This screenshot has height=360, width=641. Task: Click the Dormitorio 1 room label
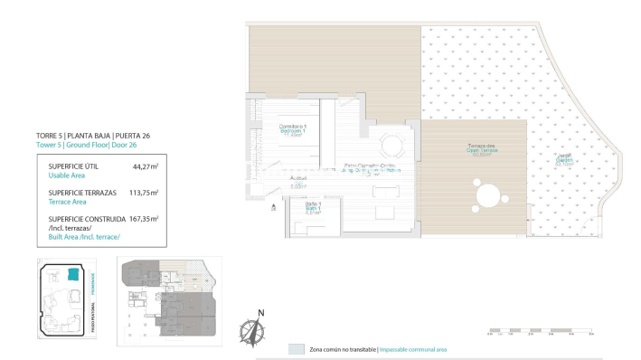[x=292, y=128]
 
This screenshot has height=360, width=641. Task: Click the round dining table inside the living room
[x=392, y=145]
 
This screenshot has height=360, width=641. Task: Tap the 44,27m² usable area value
[x=145, y=167]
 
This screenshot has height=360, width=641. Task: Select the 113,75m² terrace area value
[x=143, y=193]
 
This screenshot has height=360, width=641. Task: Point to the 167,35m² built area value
[x=143, y=218]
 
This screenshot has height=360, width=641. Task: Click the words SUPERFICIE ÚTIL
[x=73, y=167]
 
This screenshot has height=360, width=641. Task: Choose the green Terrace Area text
[x=70, y=203]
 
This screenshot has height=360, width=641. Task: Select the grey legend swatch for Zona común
[x=296, y=348]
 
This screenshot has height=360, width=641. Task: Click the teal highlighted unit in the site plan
[x=72, y=274]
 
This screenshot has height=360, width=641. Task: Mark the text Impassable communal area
[x=413, y=349]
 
